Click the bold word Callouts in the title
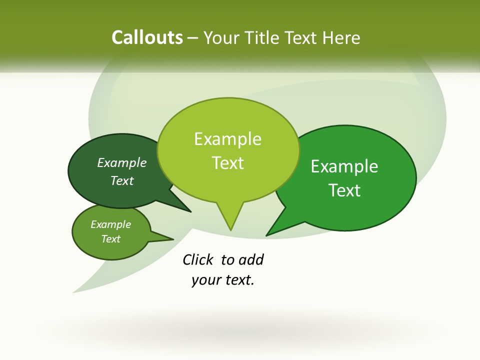(147, 37)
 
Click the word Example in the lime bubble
(228, 139)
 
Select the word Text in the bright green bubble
(345, 190)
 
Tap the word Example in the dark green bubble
(122, 163)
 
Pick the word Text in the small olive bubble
(111, 239)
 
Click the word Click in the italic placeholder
(197, 259)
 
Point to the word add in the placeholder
(251, 259)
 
